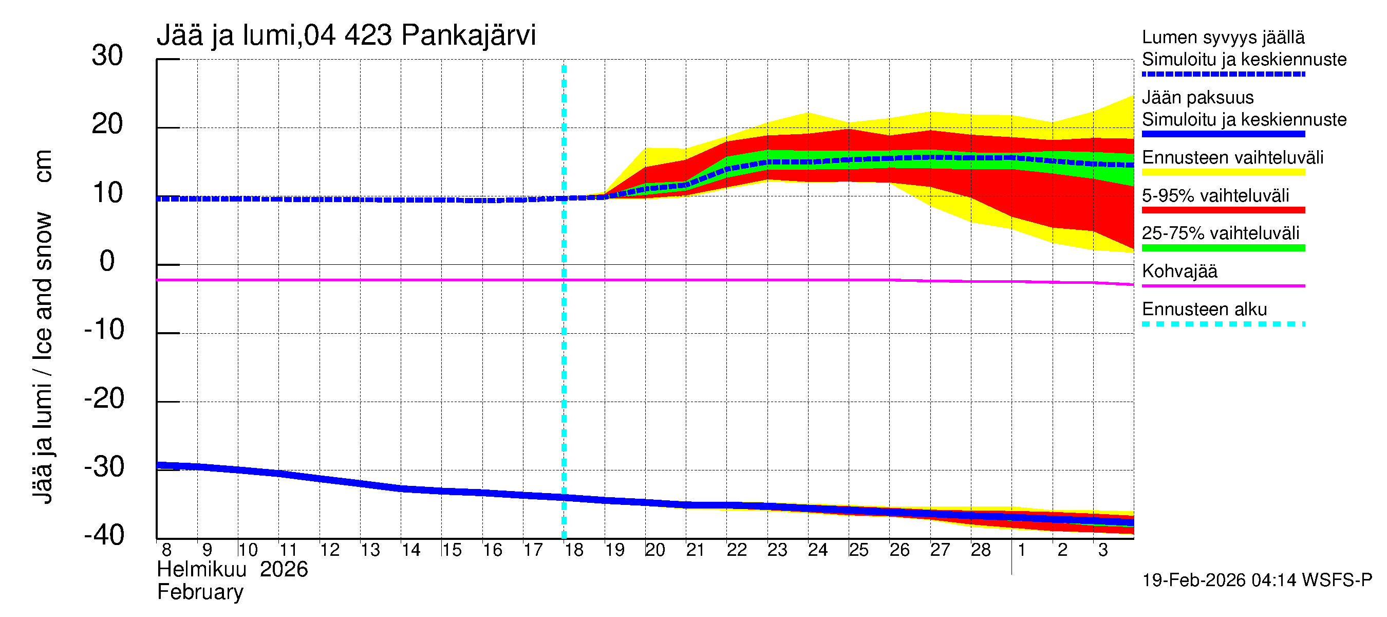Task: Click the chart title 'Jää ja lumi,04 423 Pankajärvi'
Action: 346,35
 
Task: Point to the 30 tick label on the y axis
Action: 107,56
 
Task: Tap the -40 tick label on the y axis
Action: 104,535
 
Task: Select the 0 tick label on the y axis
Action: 107,261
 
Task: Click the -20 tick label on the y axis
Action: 104,399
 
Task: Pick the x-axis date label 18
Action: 574,550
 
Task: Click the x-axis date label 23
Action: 777,550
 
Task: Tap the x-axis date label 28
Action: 981,550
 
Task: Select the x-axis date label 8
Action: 166,550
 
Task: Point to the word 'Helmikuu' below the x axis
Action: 202,570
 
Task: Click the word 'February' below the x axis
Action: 200,592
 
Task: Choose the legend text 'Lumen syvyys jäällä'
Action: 1223,37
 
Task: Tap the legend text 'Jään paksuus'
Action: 1198,98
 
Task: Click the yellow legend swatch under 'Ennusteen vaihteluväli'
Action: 1223,172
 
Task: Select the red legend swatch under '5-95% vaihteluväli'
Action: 1223,210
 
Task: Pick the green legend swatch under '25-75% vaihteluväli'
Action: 1223,248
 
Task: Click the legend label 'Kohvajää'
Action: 1179,271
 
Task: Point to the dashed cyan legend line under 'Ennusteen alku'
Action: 1223,324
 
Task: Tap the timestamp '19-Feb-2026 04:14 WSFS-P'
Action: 1257,580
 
